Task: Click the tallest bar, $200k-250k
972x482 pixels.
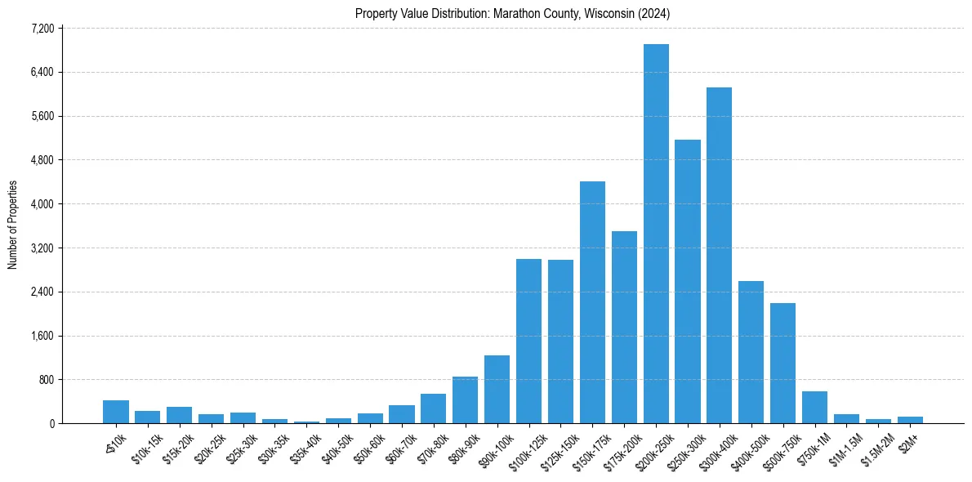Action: (656, 234)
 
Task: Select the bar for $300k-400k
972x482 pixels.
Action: (719, 255)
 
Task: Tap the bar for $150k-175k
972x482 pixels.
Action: (592, 302)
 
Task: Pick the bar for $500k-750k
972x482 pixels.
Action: (783, 363)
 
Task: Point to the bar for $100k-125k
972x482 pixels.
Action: (528, 341)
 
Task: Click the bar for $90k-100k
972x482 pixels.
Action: (497, 389)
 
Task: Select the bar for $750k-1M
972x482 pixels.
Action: (814, 407)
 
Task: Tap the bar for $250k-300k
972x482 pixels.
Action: (688, 281)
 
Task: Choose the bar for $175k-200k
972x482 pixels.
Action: (624, 327)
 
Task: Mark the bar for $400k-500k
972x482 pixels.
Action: (751, 352)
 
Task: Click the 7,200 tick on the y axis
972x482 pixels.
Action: (42, 29)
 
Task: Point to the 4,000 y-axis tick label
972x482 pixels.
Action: (42, 204)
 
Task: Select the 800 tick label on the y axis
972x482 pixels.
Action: (45, 380)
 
